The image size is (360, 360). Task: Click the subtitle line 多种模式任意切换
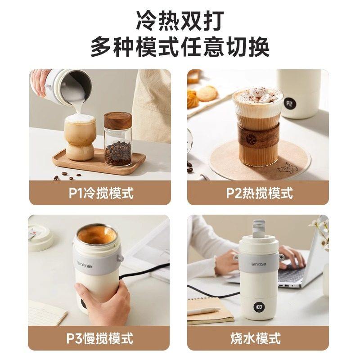click(x=180, y=47)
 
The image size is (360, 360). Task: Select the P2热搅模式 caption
click(x=259, y=193)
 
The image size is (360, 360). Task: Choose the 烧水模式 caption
click(x=259, y=337)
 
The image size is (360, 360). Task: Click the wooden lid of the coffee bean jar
click(x=118, y=120)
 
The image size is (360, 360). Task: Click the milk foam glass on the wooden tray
click(x=80, y=137)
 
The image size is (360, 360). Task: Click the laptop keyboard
click(x=295, y=275)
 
